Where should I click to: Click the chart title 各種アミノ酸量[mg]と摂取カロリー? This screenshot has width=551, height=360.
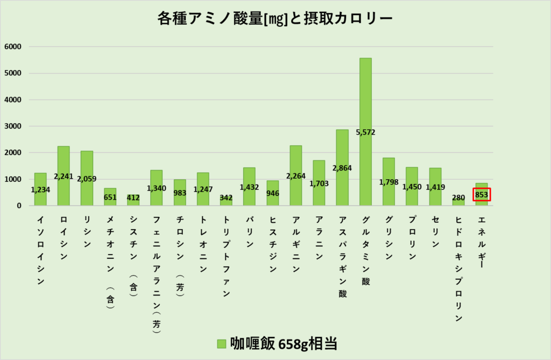[x=275, y=19]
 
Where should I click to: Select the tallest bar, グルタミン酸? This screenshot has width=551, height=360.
[x=365, y=97]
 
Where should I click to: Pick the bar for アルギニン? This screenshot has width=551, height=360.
[x=296, y=161]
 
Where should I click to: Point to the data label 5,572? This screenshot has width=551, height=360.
[x=365, y=132]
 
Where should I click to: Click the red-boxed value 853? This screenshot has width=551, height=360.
[x=482, y=195]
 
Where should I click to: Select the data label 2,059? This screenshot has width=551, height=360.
[x=87, y=179]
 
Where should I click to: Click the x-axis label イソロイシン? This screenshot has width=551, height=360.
[x=40, y=250]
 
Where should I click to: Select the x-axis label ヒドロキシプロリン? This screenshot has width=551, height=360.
[x=458, y=269]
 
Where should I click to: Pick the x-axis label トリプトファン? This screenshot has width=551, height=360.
[x=226, y=256]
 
